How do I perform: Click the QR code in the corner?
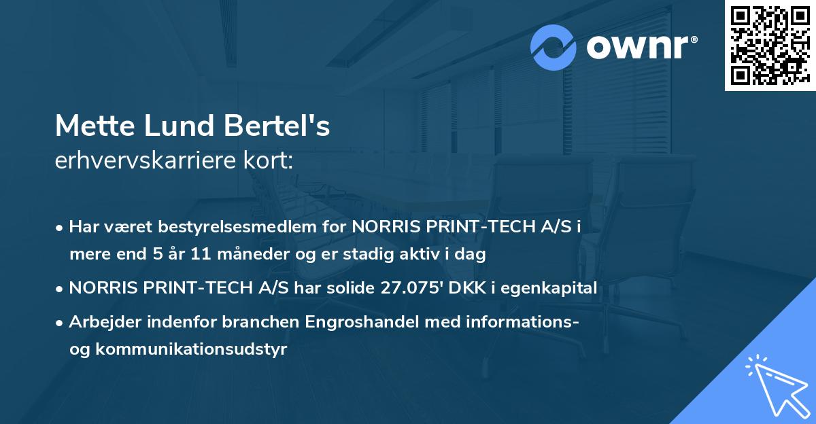769,46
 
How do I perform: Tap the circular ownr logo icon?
554,47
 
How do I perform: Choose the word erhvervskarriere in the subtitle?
143,161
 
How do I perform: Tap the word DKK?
466,288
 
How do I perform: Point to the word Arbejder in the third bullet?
101,322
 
